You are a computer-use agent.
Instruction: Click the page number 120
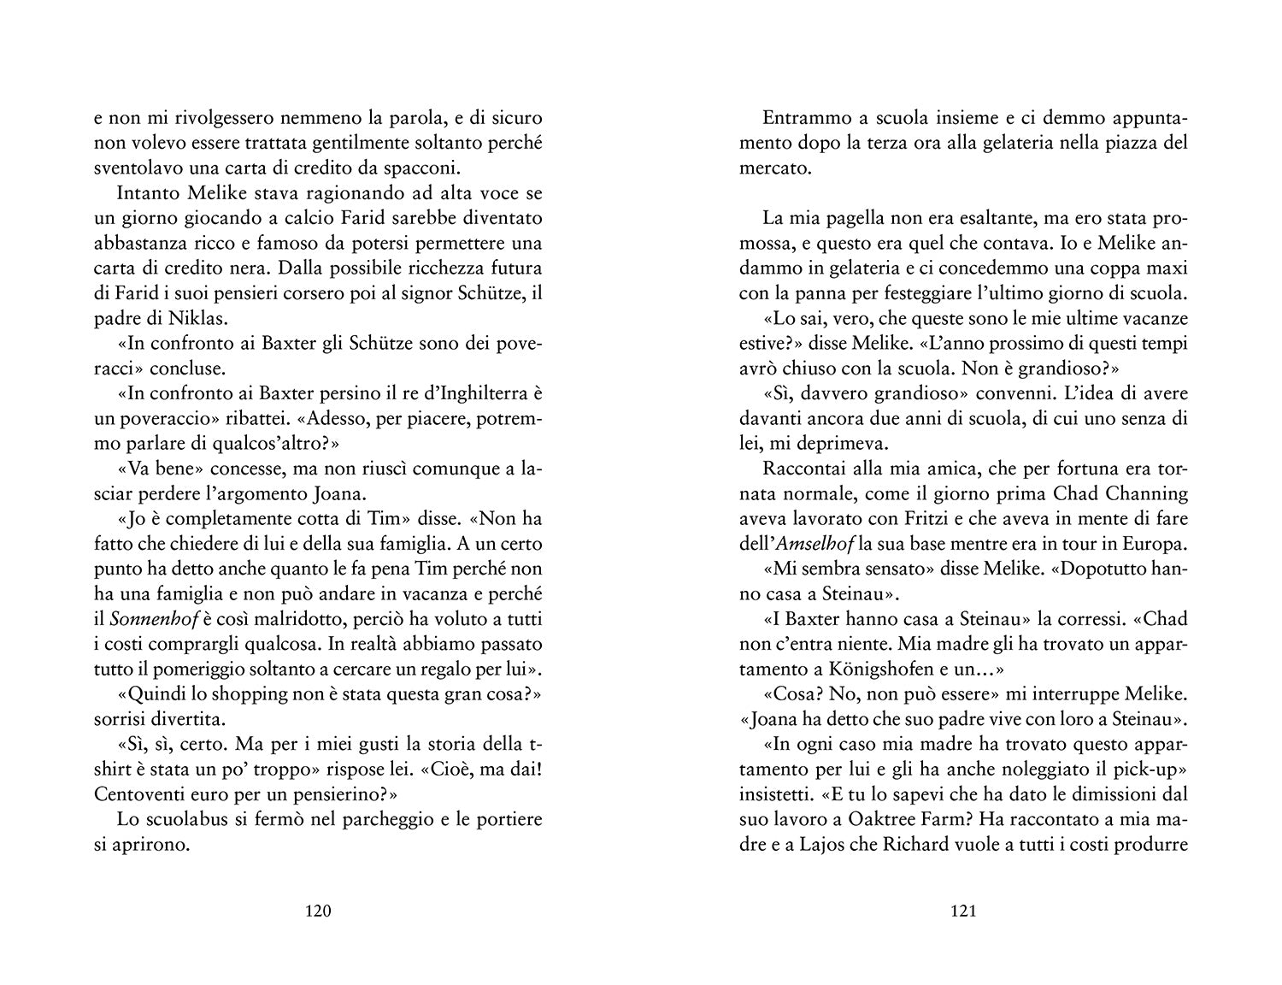pos(317,911)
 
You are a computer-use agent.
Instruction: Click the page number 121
pos(963,911)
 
